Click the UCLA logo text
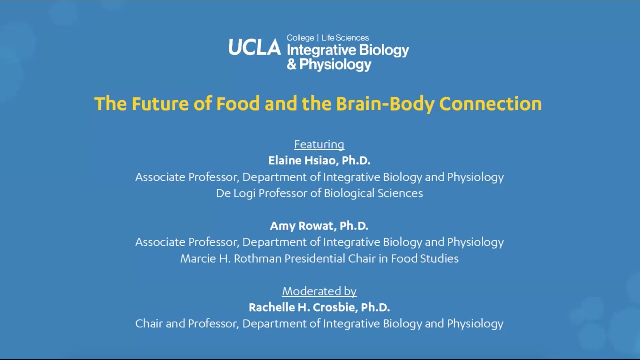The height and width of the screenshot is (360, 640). point(255,47)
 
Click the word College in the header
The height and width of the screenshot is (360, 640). point(300,38)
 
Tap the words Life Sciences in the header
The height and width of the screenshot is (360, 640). point(345,38)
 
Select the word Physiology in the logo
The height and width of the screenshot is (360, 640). point(335,65)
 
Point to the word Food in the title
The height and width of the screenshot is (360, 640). point(238,104)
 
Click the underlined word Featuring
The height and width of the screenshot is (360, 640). point(319,145)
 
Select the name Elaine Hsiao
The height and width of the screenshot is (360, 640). point(302,160)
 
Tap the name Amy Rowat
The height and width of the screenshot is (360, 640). point(302,226)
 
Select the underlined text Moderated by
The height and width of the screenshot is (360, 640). point(319,291)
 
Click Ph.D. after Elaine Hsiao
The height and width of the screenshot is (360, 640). point(356,160)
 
